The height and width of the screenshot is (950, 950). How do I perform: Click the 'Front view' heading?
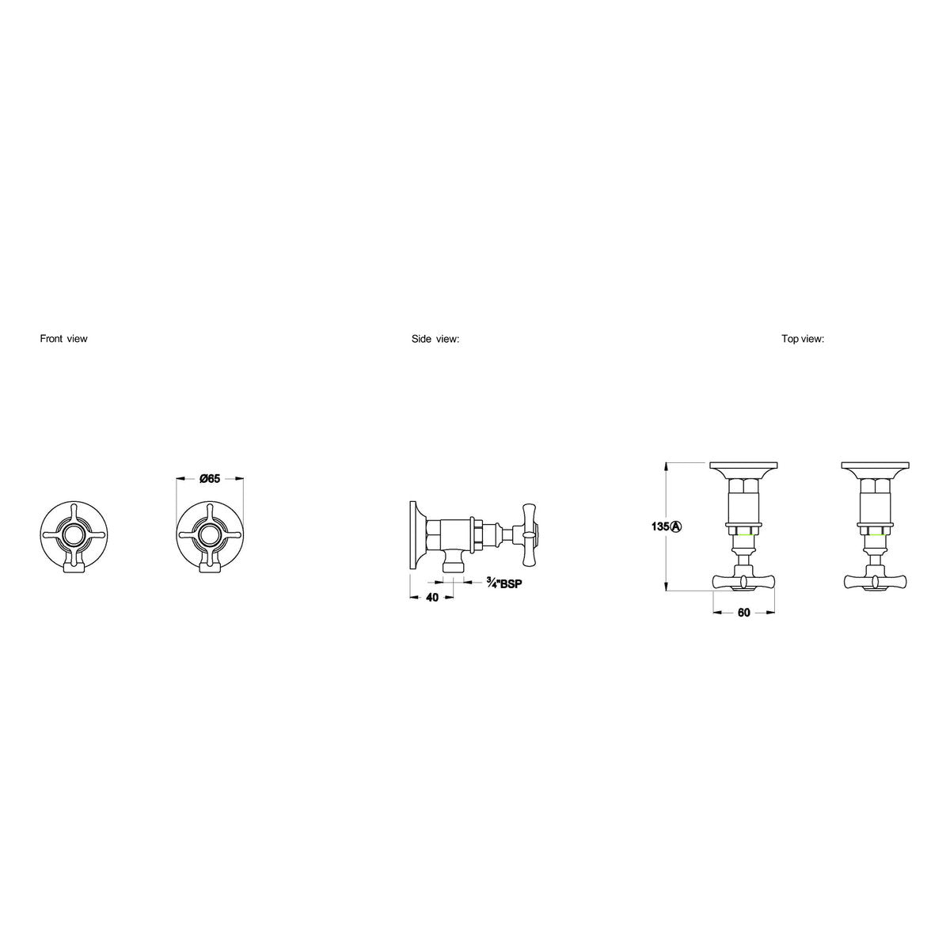pyautogui.click(x=63, y=339)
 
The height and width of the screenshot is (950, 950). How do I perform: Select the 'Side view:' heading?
pyautogui.click(x=435, y=339)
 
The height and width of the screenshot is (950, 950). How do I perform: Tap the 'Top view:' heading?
pyautogui.click(x=803, y=339)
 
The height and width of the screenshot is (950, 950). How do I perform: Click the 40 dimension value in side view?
pyautogui.click(x=432, y=598)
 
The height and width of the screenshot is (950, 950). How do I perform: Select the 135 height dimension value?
pyautogui.click(x=660, y=526)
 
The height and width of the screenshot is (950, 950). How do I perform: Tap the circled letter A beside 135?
pyautogui.click(x=676, y=526)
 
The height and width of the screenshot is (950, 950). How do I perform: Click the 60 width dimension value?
pyautogui.click(x=744, y=613)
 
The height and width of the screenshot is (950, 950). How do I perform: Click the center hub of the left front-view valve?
pyautogui.click(x=74, y=534)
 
